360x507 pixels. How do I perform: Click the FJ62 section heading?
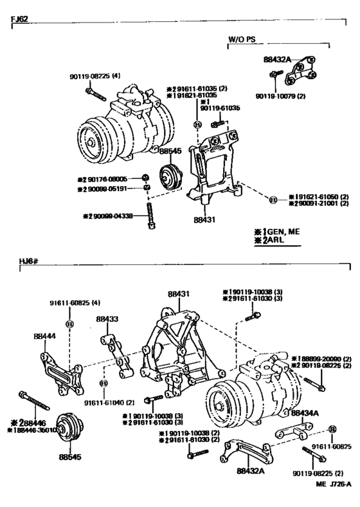[x=21, y=21]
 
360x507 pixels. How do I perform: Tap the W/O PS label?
[x=242, y=39]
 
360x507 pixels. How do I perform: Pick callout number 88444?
[x=44, y=336]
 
